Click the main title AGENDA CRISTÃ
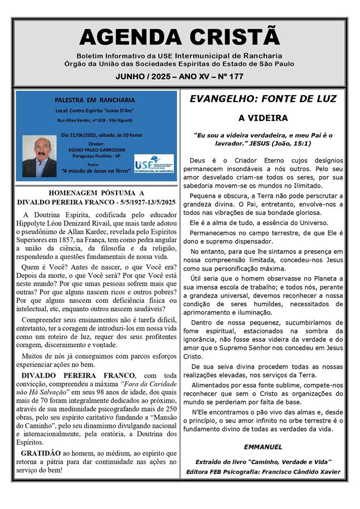tap(179, 37)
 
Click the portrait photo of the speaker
tap(39, 156)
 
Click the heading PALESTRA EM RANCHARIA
tap(95, 100)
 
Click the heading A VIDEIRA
tap(263, 118)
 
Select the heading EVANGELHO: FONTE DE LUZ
tap(263, 99)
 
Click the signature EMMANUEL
tap(263, 447)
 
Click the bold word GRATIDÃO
tap(41, 453)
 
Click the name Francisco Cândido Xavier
tap(306, 472)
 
